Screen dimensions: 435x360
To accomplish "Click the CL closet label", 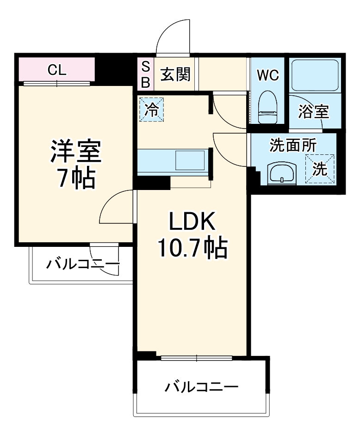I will (57, 71).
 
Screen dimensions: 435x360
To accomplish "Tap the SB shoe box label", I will (145, 74).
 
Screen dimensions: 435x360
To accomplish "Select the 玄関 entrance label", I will (175, 74).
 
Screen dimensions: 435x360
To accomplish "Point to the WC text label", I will (268, 75).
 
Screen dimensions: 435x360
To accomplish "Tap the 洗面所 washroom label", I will (293, 146).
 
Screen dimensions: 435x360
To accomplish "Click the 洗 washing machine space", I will (320, 168).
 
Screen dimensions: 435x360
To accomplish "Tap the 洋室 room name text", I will (75, 151).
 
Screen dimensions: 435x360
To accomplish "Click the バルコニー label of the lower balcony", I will (202, 386).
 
